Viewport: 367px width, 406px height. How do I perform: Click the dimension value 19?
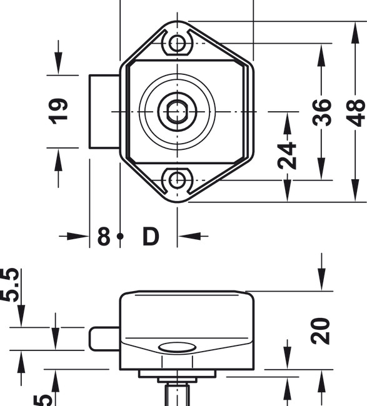pyautogui.click(x=58, y=111)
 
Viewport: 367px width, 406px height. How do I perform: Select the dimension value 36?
pyautogui.click(x=323, y=112)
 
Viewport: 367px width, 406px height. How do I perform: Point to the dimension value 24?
pyautogui.click(x=288, y=156)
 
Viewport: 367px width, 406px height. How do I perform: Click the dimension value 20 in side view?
pyautogui.click(x=321, y=331)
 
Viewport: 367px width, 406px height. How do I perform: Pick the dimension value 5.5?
pyautogui.click(x=10, y=285)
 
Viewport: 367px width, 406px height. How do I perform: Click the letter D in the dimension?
pyautogui.click(x=151, y=237)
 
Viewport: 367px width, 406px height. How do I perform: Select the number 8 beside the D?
pyautogui.click(x=104, y=237)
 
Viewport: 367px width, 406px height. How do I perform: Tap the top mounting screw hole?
pyautogui.click(x=178, y=44)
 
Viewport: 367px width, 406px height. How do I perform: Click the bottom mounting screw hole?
pyautogui.click(x=178, y=180)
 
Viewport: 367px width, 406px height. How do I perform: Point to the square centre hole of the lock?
pyautogui.click(x=178, y=112)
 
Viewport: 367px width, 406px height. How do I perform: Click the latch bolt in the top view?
pyautogui.click(x=104, y=112)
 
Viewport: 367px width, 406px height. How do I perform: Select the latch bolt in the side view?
pyautogui.click(x=104, y=339)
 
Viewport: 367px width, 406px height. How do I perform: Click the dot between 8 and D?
pyautogui.click(x=121, y=237)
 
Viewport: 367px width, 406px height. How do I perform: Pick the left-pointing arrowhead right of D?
pyautogui.click(x=190, y=236)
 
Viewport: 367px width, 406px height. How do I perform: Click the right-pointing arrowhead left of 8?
pyautogui.click(x=78, y=236)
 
